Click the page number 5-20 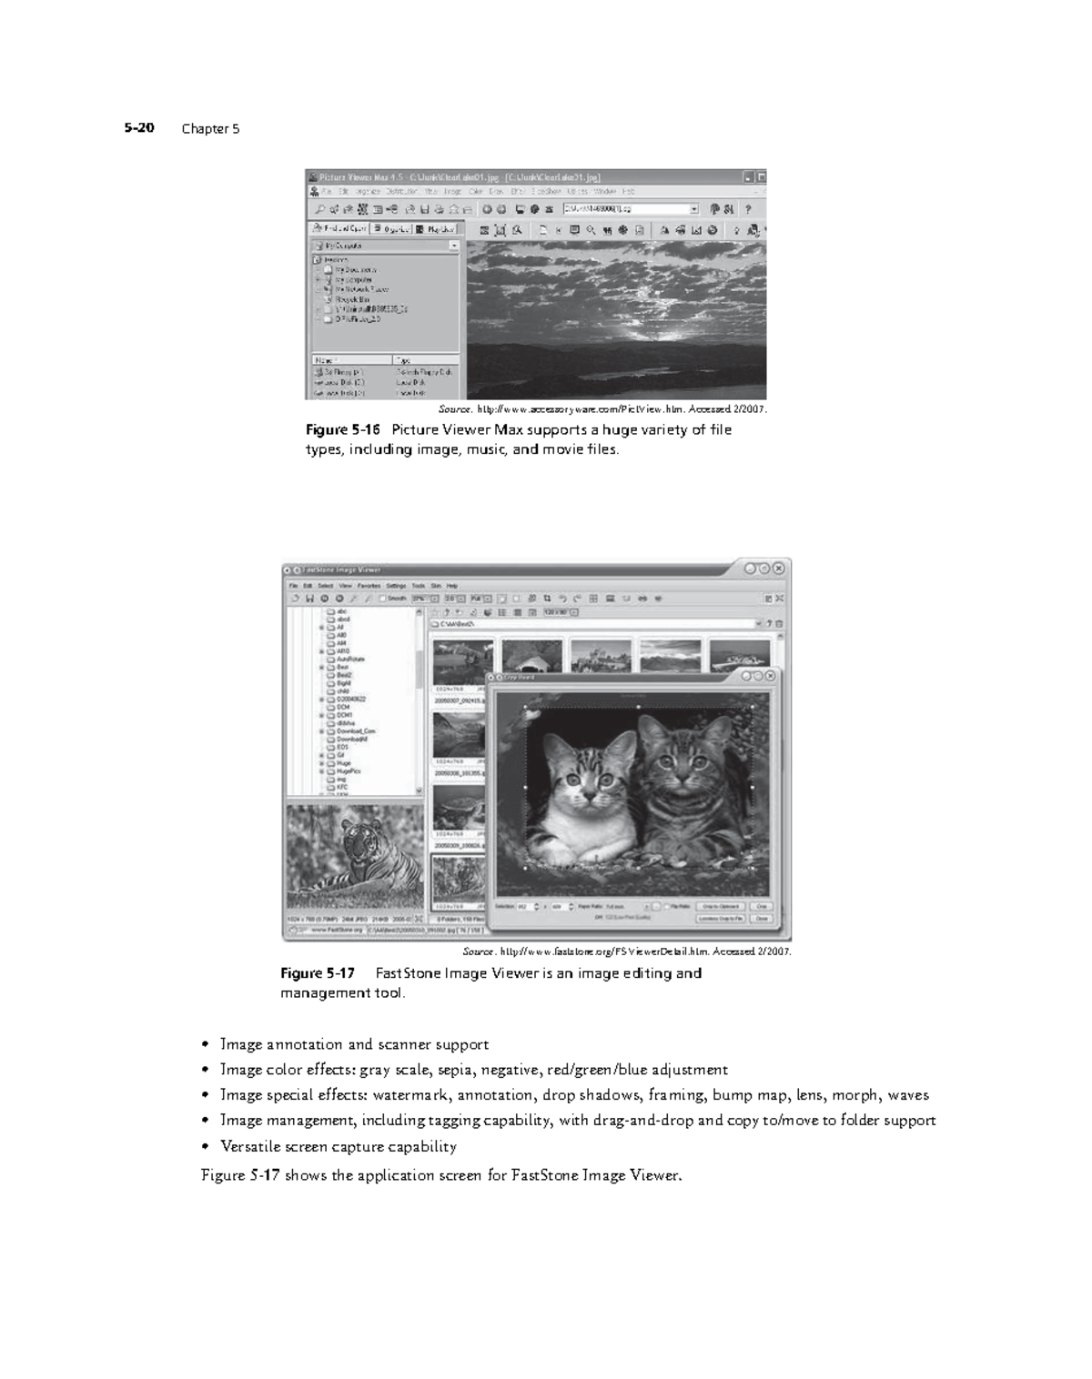[x=139, y=128]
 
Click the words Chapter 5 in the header [x=210, y=128]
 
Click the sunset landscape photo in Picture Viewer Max [x=616, y=318]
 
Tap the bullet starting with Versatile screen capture [x=338, y=1146]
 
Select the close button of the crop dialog [x=771, y=676]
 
